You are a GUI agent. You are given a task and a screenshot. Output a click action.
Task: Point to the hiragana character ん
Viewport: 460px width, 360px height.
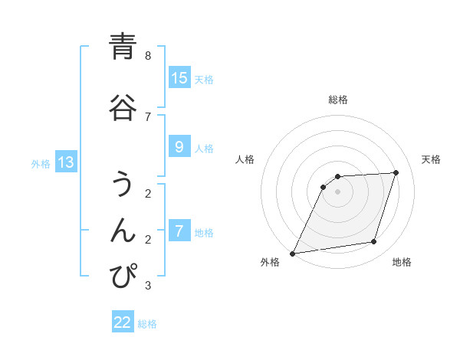pyautogui.click(x=123, y=230)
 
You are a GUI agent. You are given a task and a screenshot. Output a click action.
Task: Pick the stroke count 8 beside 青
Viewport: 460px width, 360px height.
pyautogui.click(x=148, y=56)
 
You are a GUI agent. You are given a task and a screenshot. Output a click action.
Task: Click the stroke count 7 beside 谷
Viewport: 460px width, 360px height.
pyautogui.click(x=148, y=116)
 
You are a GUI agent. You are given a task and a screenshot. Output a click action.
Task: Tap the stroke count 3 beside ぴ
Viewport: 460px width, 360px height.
pyautogui.click(x=148, y=286)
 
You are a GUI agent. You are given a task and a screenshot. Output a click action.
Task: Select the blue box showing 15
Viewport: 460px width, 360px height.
pyautogui.click(x=179, y=78)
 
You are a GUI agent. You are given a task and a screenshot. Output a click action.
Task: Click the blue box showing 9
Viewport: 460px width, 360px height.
pyautogui.click(x=179, y=147)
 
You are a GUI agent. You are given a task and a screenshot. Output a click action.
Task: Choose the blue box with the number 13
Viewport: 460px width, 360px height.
pyautogui.click(x=65, y=162)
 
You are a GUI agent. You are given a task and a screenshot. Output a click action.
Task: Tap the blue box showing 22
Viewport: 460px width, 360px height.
pyautogui.click(x=123, y=322)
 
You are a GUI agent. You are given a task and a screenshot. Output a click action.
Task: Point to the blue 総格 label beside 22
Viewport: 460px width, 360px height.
pyautogui.click(x=147, y=324)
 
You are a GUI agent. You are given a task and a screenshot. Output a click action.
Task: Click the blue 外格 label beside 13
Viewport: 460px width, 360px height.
pyautogui.click(x=41, y=164)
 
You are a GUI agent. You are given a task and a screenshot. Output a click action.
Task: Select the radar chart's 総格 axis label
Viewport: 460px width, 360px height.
pyautogui.click(x=338, y=100)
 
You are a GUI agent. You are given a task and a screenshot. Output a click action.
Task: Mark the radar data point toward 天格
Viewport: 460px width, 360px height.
pyautogui.click(x=396, y=172)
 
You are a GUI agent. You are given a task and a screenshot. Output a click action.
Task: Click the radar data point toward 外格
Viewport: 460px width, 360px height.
pyautogui.click(x=293, y=253)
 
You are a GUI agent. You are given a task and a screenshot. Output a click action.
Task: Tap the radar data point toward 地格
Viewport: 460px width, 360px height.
pyautogui.click(x=374, y=242)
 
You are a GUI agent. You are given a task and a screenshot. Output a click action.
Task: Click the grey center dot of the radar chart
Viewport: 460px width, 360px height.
pyautogui.click(x=338, y=191)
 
